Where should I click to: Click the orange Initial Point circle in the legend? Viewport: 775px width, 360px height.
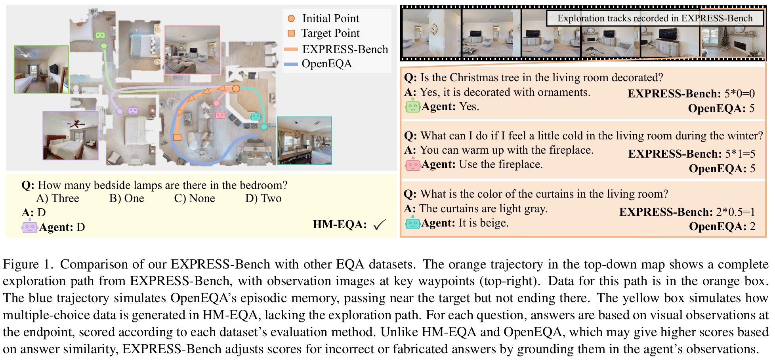pyautogui.click(x=291, y=18)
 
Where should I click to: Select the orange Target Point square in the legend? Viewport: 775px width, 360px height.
pyautogui.click(x=291, y=33)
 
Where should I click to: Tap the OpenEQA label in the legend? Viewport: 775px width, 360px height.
pyautogui.click(x=327, y=64)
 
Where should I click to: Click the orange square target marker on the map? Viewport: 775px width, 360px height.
pyautogui.click(x=177, y=137)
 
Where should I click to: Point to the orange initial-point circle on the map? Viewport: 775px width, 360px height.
pyautogui.click(x=236, y=88)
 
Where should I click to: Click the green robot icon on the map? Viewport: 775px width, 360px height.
pyautogui.click(x=101, y=34)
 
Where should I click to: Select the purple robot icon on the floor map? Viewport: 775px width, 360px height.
pyautogui.click(x=133, y=110)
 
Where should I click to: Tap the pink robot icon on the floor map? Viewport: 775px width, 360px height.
pyautogui.click(x=220, y=114)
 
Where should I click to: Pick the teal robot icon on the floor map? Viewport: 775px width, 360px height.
pyautogui.click(x=256, y=116)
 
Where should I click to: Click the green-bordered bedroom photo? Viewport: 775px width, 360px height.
pyautogui.click(x=41, y=69)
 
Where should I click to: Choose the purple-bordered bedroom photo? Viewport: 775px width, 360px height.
pyautogui.click(x=71, y=135)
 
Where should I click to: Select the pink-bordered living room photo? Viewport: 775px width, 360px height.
pyautogui.click(x=193, y=50)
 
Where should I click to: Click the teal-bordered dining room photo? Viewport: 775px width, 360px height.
pyautogui.click(x=304, y=141)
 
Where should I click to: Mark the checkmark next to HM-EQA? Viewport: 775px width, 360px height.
pyautogui.click(x=379, y=225)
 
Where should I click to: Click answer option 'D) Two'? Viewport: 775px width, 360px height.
pyautogui.click(x=263, y=198)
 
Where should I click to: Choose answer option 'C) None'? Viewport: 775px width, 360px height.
pyautogui.click(x=195, y=198)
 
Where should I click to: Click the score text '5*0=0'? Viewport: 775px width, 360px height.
pyautogui.click(x=740, y=94)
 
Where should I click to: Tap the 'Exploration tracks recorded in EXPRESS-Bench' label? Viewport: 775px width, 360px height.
pyautogui.click(x=655, y=18)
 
